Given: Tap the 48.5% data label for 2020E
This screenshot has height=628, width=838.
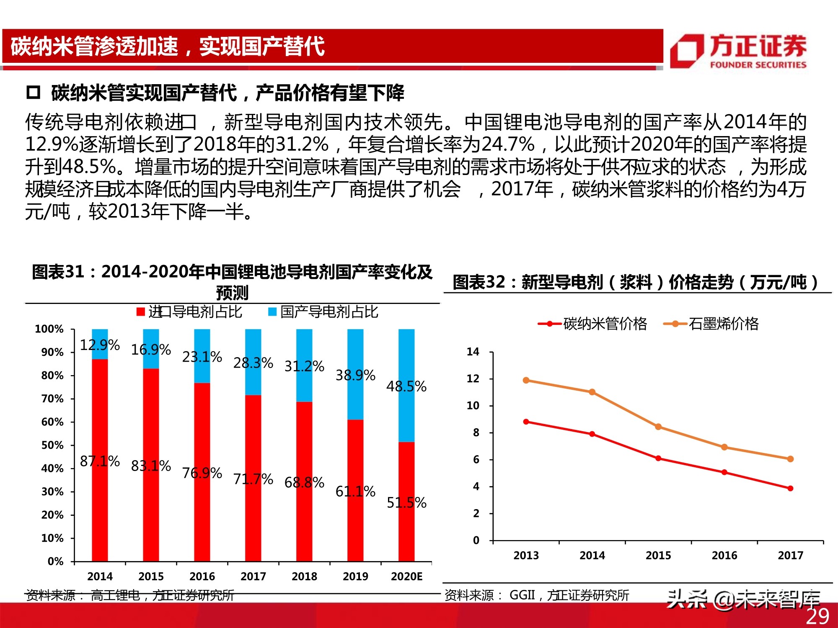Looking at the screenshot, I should (406, 386).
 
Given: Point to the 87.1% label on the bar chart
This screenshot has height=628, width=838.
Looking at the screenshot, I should (100, 461).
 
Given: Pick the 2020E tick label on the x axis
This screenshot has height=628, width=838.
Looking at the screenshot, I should (406, 576).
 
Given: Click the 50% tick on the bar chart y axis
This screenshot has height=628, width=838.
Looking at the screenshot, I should (52, 445).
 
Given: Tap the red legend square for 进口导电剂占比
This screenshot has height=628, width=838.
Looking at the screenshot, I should (141, 312).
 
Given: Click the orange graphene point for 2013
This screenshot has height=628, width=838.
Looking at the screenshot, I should (526, 380).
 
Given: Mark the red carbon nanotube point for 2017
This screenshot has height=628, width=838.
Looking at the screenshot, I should (790, 488).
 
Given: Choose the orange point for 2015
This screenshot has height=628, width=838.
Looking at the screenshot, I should (658, 427).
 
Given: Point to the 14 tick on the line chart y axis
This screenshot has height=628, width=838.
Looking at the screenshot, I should (473, 352).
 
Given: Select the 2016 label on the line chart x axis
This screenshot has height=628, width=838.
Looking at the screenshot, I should (724, 555).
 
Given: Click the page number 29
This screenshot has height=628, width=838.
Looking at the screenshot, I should (817, 616).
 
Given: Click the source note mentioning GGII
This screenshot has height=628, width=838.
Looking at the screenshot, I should (537, 595).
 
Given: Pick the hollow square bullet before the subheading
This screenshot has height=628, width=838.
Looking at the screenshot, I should (33, 93).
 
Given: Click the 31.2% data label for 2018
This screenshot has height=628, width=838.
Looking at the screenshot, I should (304, 366).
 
